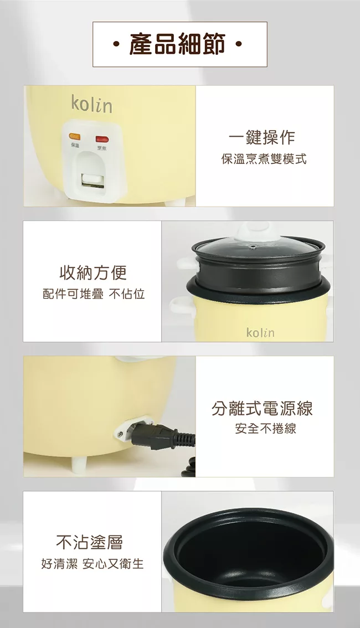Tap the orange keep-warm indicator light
point(74,137)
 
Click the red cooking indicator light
point(102,140)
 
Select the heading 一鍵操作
point(262,137)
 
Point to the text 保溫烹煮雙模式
point(264,159)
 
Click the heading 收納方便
point(93,273)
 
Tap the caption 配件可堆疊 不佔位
point(94,295)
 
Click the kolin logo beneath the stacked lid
point(260,332)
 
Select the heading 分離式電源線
point(263,408)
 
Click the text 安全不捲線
point(265,429)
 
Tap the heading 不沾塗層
point(90,542)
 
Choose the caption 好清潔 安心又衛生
point(92,564)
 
